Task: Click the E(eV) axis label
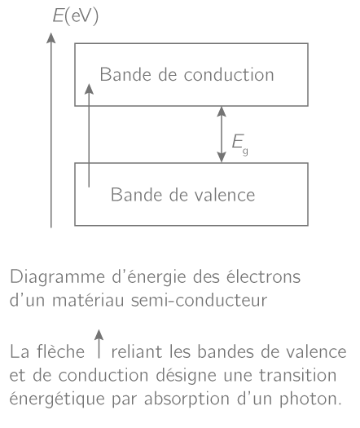coord(76,16)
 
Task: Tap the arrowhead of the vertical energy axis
coord(51,38)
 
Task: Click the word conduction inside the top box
coord(229,74)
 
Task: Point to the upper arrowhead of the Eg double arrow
coord(222,112)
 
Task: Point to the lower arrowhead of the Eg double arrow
coord(222,157)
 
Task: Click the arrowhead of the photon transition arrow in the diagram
coord(89,89)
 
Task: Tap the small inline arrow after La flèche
coord(99,344)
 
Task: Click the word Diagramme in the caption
coord(57,278)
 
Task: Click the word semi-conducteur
coord(199,300)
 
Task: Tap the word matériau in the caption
coord(88,300)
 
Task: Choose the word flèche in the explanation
coord(61,351)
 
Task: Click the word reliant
coord(137,351)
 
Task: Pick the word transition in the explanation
coord(297,375)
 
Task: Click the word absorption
coord(187,399)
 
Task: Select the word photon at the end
coord(310,399)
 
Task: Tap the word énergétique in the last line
coord(57,399)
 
